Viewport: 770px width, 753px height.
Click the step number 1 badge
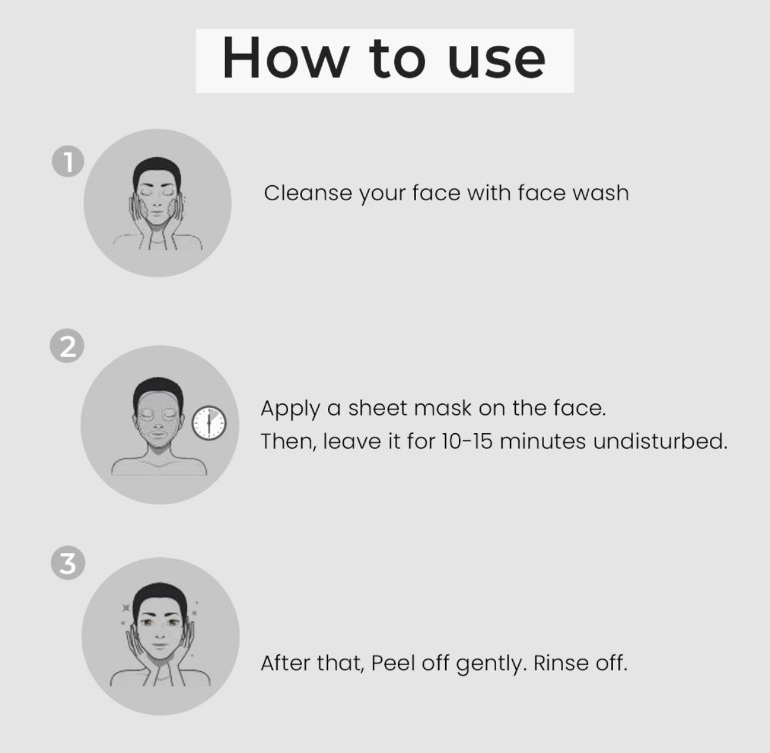coord(68,161)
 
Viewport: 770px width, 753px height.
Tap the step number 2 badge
coord(67,346)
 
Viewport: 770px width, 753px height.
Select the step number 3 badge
coord(68,563)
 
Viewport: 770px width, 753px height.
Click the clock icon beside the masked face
coord(209,423)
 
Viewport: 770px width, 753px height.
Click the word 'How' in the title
coord(286,58)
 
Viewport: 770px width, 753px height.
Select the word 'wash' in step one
coord(601,193)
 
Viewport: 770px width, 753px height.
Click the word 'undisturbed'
coord(660,441)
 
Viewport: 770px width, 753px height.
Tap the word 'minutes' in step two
coord(543,441)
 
